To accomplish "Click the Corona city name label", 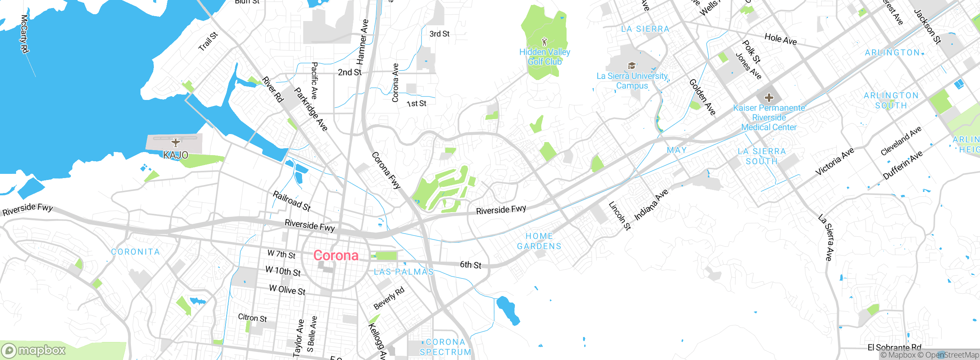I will pyautogui.click(x=336, y=255).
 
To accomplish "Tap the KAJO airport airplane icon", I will pyautogui.click(x=176, y=143).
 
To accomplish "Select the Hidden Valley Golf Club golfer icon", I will pyautogui.click(x=544, y=41).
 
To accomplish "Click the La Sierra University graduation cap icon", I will pyautogui.click(x=632, y=66).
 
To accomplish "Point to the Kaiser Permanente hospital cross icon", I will pyautogui.click(x=769, y=98).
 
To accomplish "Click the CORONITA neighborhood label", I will pyautogui.click(x=136, y=252).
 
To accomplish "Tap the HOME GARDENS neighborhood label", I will pyautogui.click(x=539, y=241).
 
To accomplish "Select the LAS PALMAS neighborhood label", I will pyautogui.click(x=403, y=272).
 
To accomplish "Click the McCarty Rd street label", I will pyautogui.click(x=24, y=34).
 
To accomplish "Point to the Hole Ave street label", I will pyautogui.click(x=781, y=39).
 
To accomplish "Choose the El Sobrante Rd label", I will pyautogui.click(x=894, y=348).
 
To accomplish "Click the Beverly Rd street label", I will pyautogui.click(x=389, y=298).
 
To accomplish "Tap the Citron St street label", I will pyautogui.click(x=252, y=318).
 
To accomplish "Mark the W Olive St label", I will pyautogui.click(x=287, y=290).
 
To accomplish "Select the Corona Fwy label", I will pyautogui.click(x=386, y=170).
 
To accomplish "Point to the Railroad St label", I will pyautogui.click(x=291, y=201).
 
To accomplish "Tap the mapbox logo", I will pyautogui.click(x=34, y=350).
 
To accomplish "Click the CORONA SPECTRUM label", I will pyautogui.click(x=445, y=347).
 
